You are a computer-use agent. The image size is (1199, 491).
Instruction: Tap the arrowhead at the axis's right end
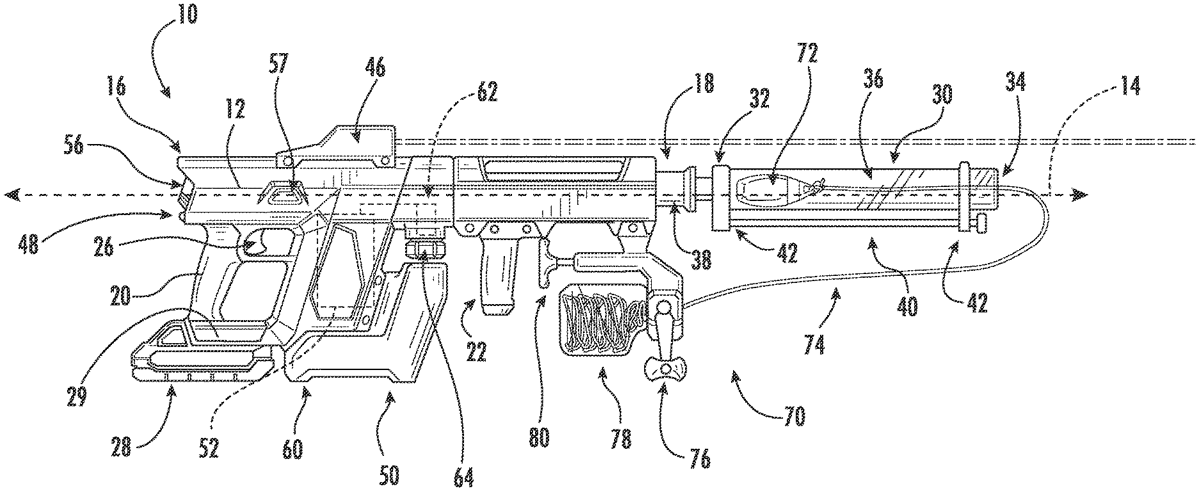[x=1081, y=193]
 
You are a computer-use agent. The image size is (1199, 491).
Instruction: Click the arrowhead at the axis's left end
[x=11, y=192]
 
